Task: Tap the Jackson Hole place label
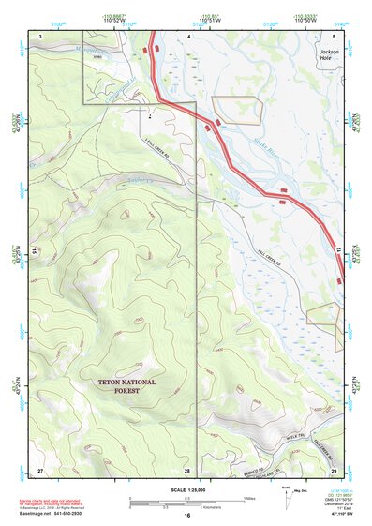tap(329, 55)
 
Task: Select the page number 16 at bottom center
tap(187, 516)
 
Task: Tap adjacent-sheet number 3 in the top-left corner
tap(40, 35)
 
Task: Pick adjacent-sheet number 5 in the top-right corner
tap(334, 35)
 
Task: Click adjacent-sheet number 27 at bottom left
tap(40, 468)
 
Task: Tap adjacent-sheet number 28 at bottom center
tap(187, 468)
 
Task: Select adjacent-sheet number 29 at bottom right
tap(334, 468)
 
